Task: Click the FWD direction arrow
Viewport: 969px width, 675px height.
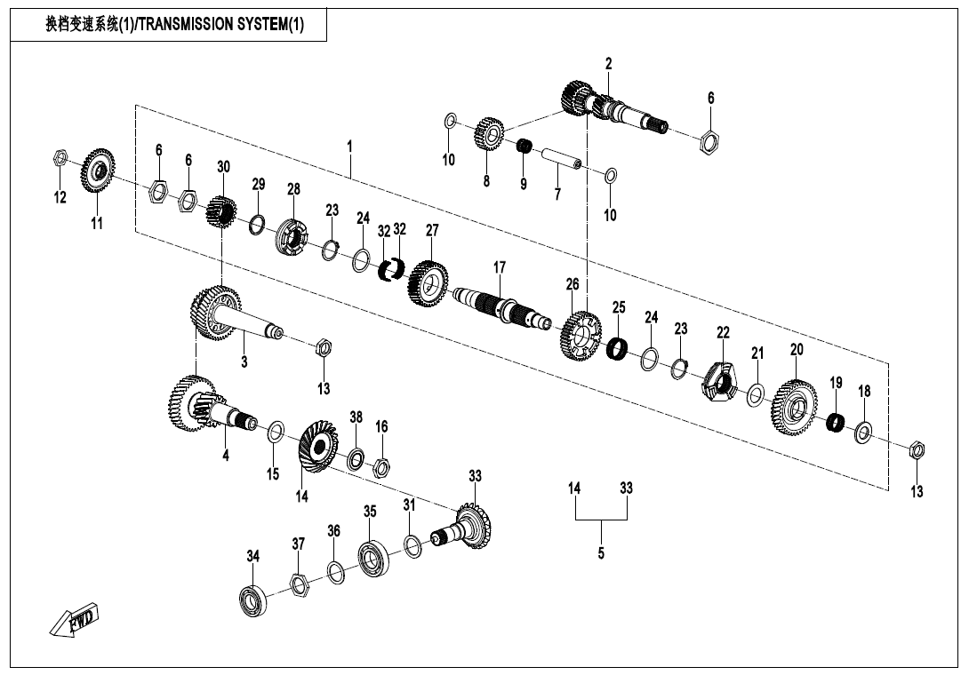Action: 75,620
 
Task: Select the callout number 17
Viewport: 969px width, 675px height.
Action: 500,266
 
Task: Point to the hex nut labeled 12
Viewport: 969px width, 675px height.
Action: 57,158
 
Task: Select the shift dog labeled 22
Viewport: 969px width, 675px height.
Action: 720,383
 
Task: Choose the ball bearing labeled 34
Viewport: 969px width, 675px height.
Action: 252,600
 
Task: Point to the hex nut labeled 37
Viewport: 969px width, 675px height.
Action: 300,584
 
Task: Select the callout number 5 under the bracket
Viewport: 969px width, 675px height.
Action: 601,552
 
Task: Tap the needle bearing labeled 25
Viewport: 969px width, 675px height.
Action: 617,348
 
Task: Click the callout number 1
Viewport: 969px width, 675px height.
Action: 349,145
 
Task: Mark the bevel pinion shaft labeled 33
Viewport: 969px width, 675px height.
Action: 468,530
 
